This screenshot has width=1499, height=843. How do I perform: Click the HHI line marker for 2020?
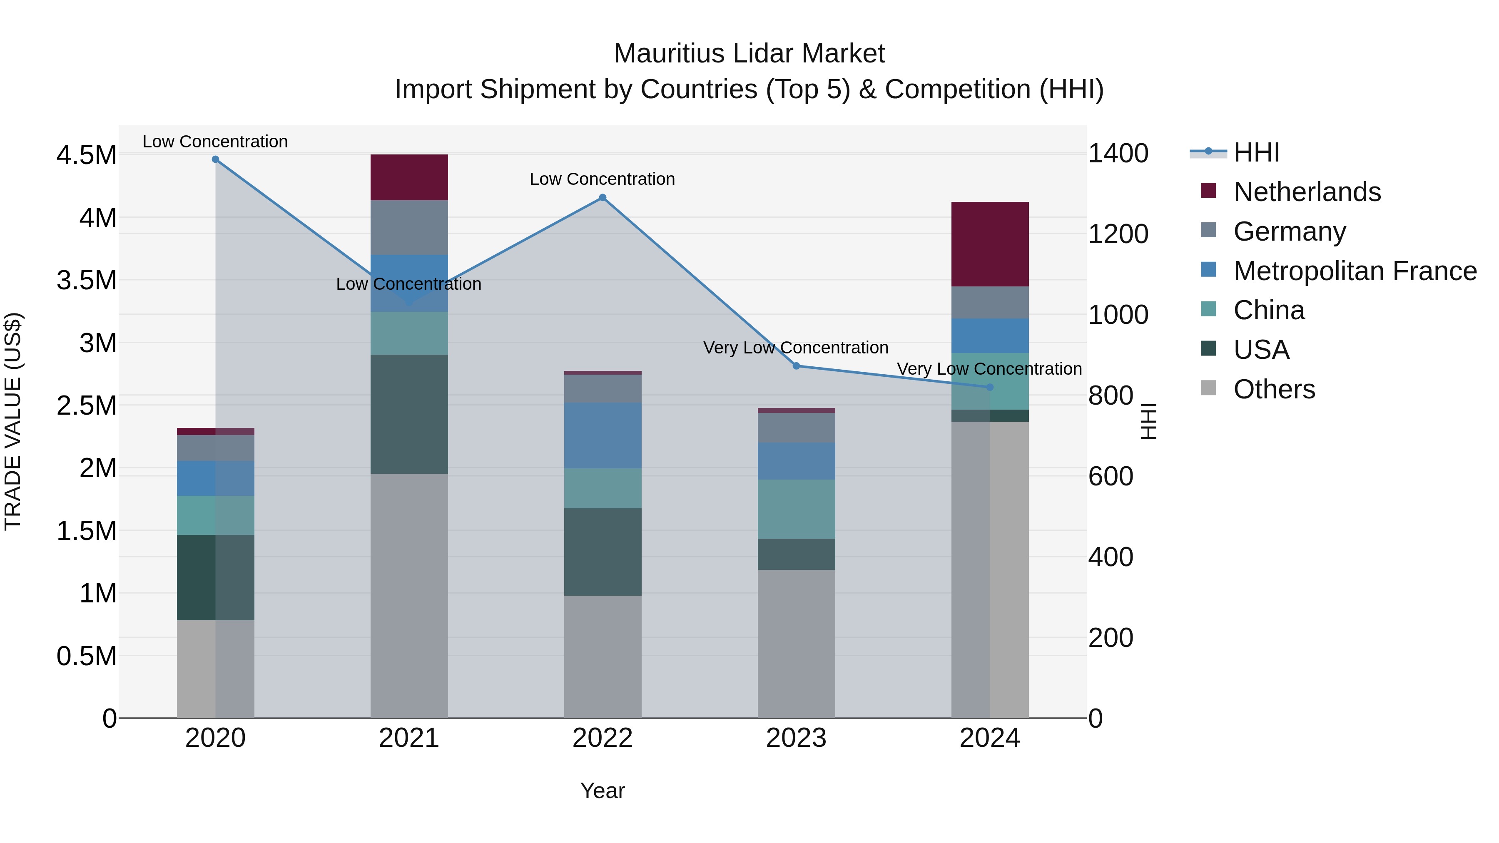click(x=215, y=159)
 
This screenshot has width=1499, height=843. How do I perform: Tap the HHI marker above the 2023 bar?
click(x=797, y=366)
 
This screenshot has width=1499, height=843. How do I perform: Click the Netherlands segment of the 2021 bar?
click(x=409, y=177)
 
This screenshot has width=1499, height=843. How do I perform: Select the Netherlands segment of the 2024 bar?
click(x=990, y=244)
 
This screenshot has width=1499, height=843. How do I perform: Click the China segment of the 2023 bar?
click(x=796, y=509)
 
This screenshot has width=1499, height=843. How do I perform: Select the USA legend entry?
click(x=1261, y=350)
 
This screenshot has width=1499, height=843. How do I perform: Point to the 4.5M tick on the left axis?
click(x=86, y=155)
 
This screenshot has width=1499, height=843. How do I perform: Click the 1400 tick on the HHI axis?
click(x=1118, y=154)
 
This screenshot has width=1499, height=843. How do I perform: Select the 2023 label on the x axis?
click(x=796, y=738)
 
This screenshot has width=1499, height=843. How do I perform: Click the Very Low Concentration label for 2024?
click(x=989, y=369)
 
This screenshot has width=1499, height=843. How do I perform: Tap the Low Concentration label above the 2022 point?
click(x=602, y=179)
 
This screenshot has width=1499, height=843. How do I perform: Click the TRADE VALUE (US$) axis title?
click(x=13, y=421)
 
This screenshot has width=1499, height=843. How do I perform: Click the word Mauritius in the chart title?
click(x=669, y=54)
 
